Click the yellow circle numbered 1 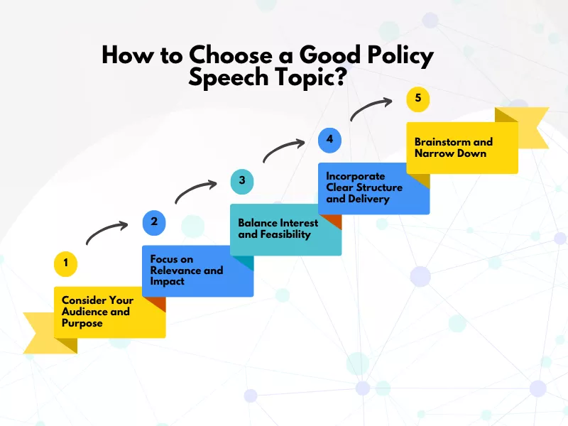(65, 264)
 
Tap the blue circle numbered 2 (154, 222)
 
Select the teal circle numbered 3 (242, 180)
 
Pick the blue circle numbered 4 (329, 139)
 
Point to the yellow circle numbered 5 (417, 98)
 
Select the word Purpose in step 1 (82, 323)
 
